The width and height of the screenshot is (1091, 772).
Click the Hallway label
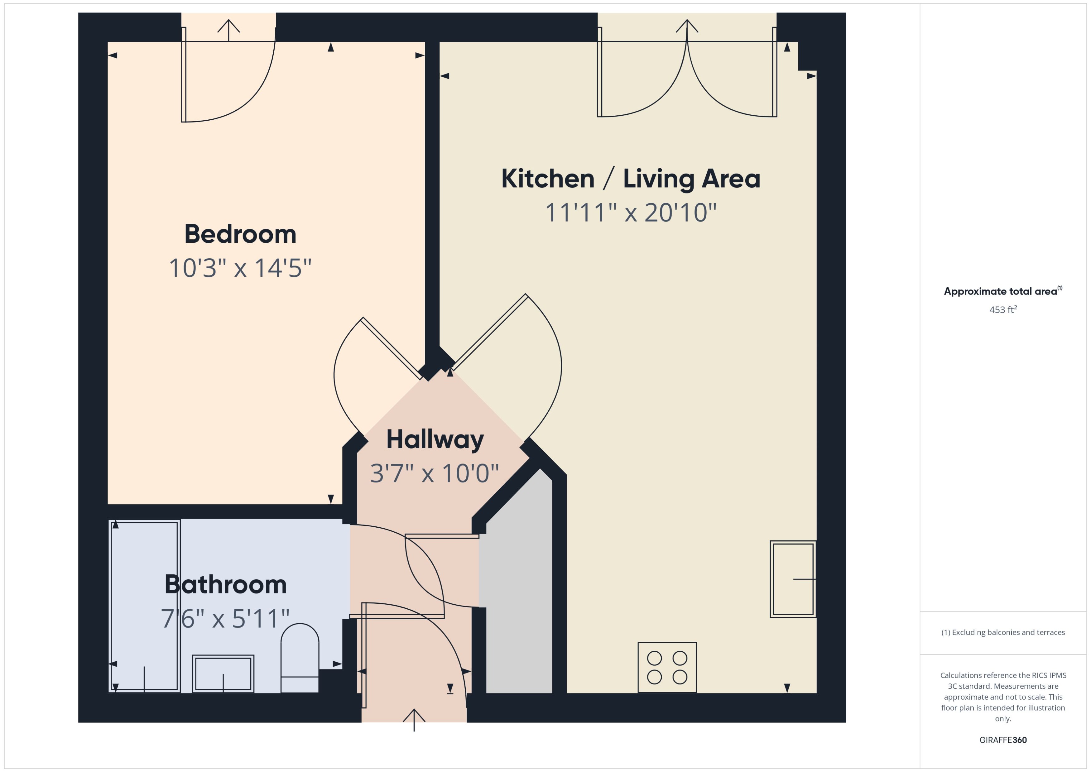435,440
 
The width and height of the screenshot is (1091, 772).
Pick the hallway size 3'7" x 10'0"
435,473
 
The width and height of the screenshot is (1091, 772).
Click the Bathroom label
226,585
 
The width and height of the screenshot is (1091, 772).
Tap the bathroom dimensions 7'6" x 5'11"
225,619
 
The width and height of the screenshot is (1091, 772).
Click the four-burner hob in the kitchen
667,667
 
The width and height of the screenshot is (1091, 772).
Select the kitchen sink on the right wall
792,579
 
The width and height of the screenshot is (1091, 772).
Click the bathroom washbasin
223,674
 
